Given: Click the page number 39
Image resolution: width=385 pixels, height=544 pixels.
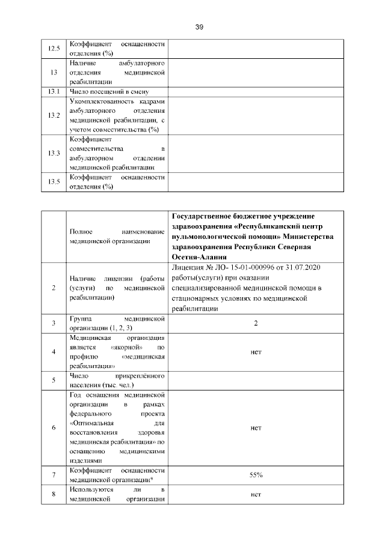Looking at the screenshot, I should (200, 27).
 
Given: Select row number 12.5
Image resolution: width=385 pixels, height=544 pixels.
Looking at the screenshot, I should (54, 49).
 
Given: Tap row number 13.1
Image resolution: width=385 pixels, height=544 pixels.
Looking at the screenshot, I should (54, 91).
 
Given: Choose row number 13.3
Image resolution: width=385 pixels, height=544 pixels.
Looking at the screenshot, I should (54, 153).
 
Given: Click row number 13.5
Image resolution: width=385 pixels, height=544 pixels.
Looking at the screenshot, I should (54, 182).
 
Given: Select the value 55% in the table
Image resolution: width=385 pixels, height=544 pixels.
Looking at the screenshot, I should (256, 475).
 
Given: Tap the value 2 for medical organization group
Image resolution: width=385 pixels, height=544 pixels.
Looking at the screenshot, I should (256, 324).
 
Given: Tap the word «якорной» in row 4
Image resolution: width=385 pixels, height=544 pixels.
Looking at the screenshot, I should (126, 347).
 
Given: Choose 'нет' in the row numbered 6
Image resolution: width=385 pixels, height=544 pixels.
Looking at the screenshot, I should (256, 428).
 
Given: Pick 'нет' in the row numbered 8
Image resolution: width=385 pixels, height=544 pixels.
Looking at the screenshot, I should (256, 495).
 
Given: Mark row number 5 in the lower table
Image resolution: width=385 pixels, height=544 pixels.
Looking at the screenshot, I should (54, 380).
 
